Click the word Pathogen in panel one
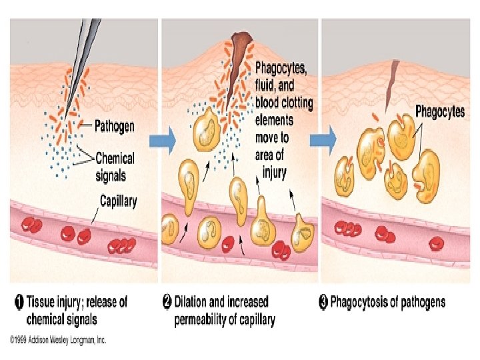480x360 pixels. point(115,125)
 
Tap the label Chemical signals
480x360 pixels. point(115,167)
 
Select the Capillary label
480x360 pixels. point(118,200)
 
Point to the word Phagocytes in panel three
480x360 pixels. point(440,111)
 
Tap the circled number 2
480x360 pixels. point(168,302)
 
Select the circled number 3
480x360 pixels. point(323,302)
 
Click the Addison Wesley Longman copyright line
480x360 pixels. point(58,339)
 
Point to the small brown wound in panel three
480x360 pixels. point(395,71)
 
